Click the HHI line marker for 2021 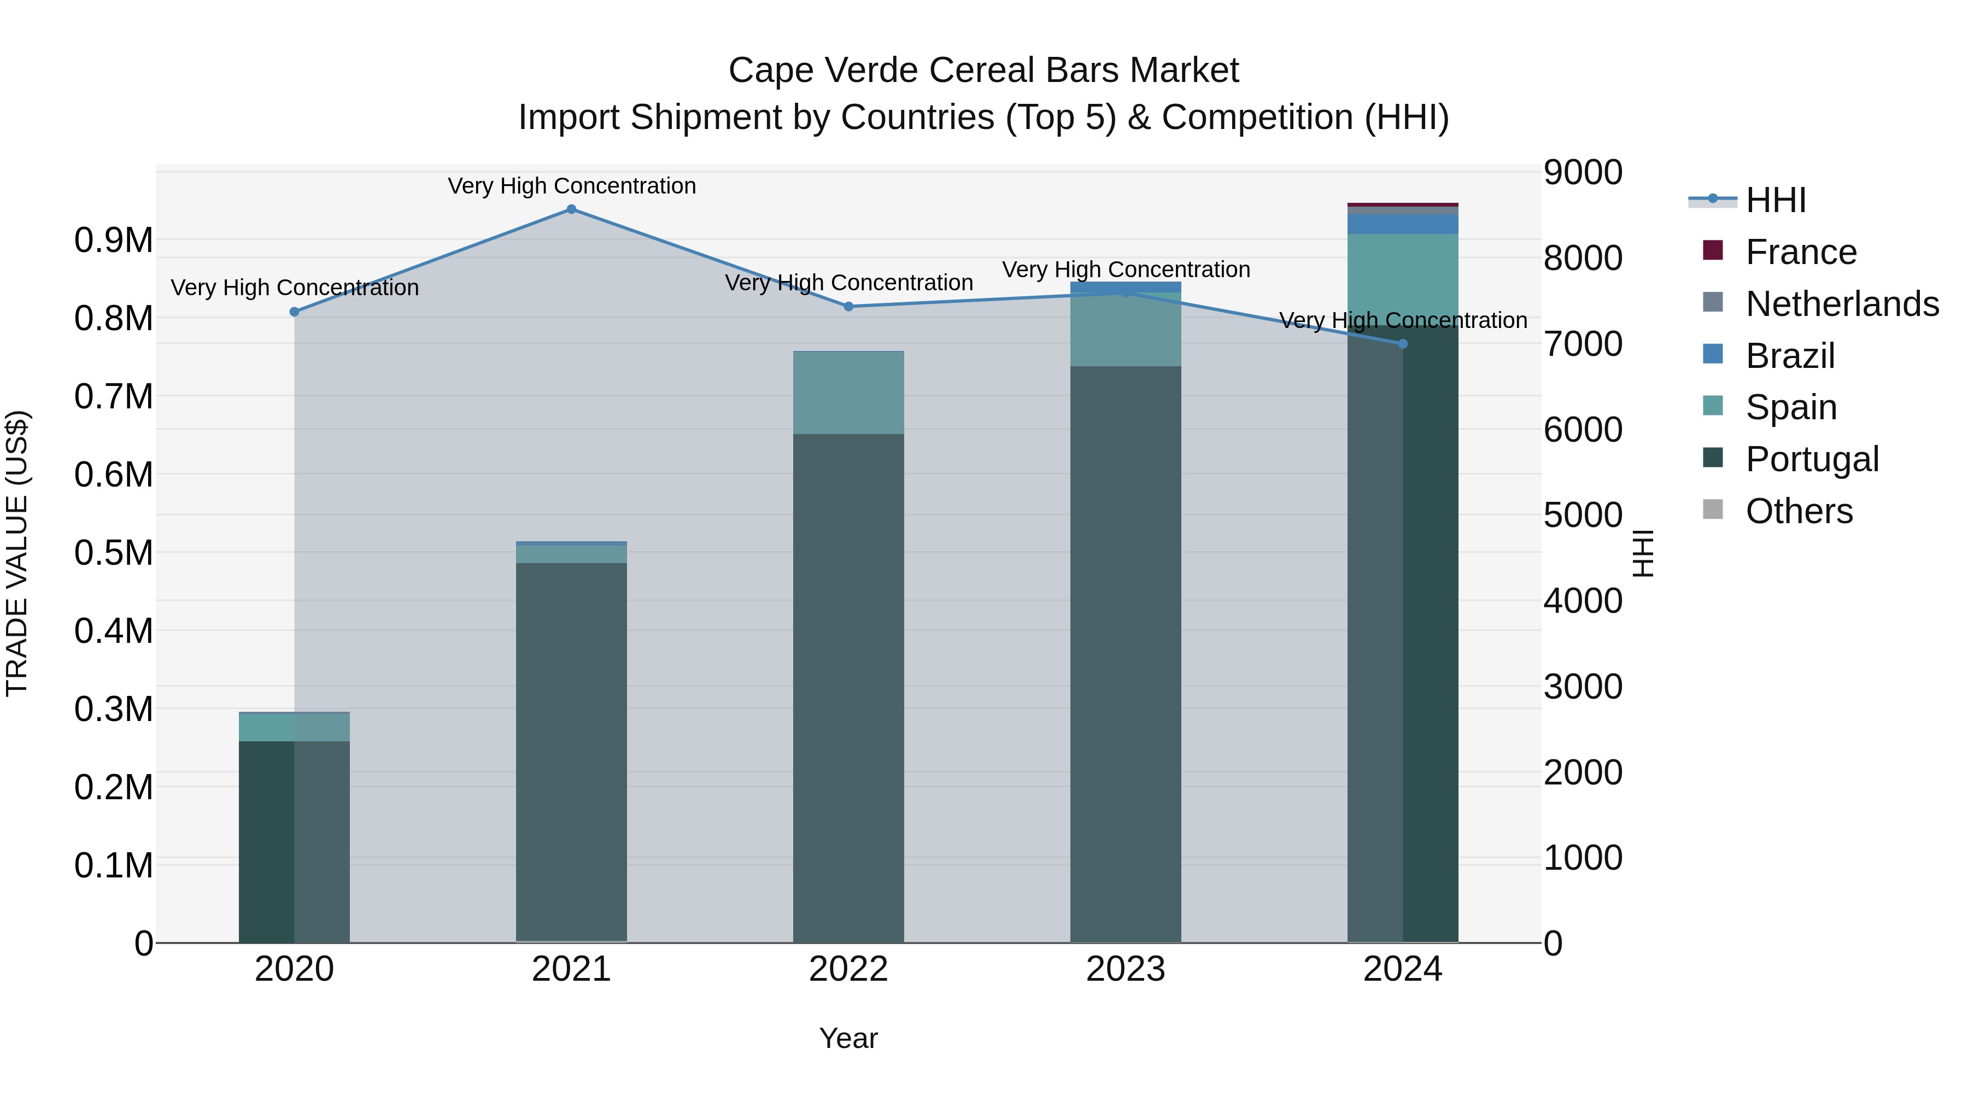pyautogui.click(x=571, y=209)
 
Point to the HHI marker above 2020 pyautogui.click(x=294, y=312)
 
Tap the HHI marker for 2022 pyautogui.click(x=848, y=306)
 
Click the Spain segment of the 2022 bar pyautogui.click(x=848, y=393)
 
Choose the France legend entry pyautogui.click(x=1800, y=252)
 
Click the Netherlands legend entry pyautogui.click(x=1841, y=304)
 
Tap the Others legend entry pyautogui.click(x=1799, y=511)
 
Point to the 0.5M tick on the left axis pyautogui.click(x=113, y=552)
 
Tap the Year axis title pyautogui.click(x=848, y=1038)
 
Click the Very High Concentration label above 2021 pyautogui.click(x=571, y=186)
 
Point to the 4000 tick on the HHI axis pyautogui.click(x=1582, y=600)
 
